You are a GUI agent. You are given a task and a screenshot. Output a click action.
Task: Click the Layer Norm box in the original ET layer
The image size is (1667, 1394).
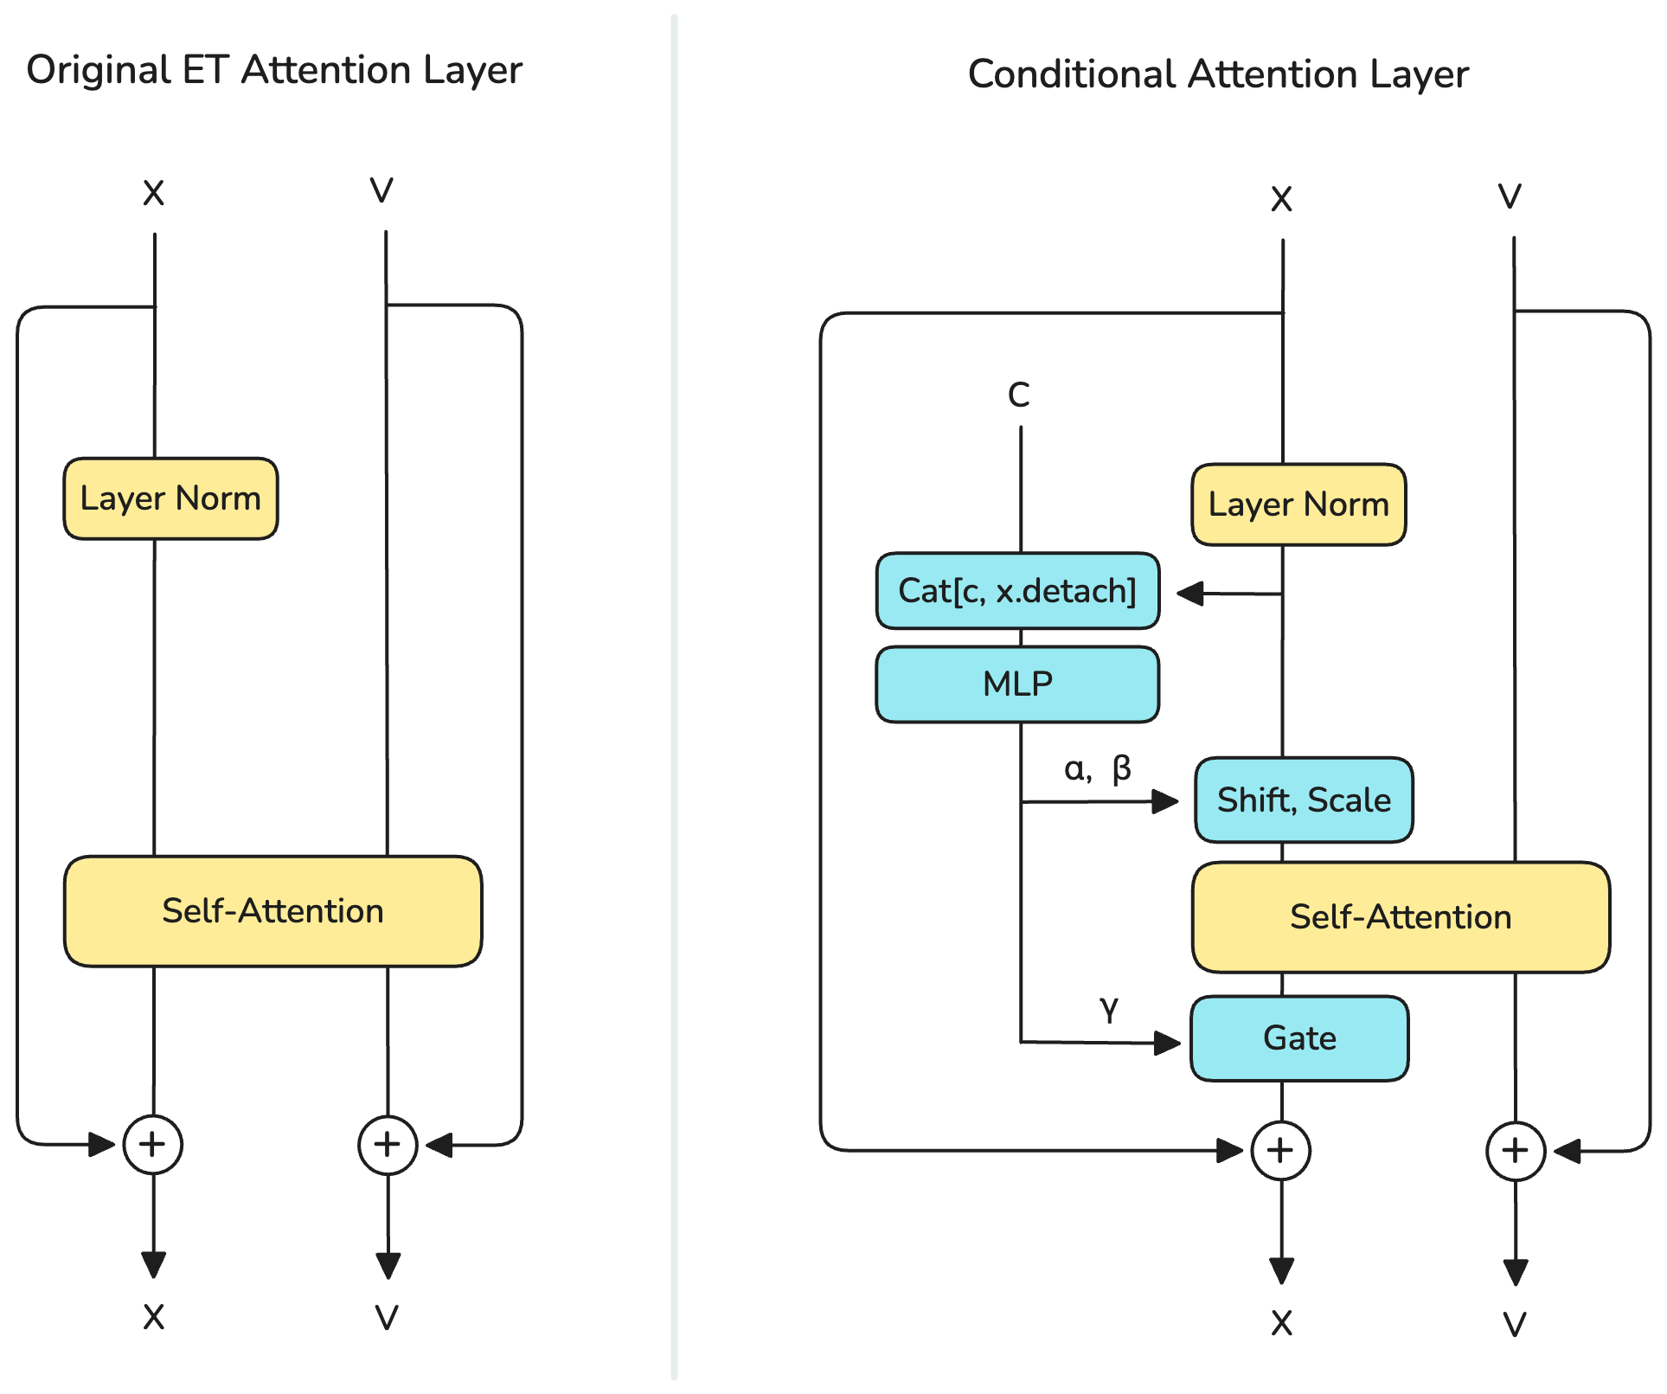point(170,498)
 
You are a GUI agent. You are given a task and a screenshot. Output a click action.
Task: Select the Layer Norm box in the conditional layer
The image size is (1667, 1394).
point(1298,504)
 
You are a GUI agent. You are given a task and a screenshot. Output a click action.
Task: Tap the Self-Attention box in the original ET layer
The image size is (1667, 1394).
point(272,911)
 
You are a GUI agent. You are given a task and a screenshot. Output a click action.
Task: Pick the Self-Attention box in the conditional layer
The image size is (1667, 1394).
point(1401,917)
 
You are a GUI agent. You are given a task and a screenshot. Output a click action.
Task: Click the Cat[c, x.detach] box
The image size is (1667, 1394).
point(1017,591)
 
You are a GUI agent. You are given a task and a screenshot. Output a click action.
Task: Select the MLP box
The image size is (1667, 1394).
point(1017,684)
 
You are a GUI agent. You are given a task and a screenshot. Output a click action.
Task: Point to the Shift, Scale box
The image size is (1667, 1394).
point(1304,800)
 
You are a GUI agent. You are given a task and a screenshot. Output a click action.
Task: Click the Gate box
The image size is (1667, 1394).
point(1299,1038)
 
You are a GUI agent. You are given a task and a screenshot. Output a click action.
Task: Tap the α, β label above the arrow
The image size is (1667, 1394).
point(1097,768)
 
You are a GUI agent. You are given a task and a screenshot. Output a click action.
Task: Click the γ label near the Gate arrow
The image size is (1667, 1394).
point(1109,1009)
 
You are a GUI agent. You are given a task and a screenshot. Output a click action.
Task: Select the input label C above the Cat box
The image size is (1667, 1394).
point(1019,395)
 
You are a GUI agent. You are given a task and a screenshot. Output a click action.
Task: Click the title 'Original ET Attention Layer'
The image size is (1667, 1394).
point(274,70)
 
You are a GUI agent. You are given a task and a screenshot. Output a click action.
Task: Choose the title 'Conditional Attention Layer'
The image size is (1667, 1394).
point(1218,74)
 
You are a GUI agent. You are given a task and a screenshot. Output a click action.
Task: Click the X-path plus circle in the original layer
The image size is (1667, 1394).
point(153,1144)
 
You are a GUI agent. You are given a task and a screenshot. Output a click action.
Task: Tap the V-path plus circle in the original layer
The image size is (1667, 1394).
point(388,1144)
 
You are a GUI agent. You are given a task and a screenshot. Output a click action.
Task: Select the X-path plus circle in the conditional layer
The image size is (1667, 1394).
point(1281,1150)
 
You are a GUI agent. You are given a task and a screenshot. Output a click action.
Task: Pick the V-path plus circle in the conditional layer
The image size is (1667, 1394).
point(1516,1150)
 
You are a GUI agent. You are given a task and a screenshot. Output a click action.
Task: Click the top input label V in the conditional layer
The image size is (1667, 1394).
point(1510,196)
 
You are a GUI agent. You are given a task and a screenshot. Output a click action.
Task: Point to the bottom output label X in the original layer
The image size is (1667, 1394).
point(154,1317)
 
